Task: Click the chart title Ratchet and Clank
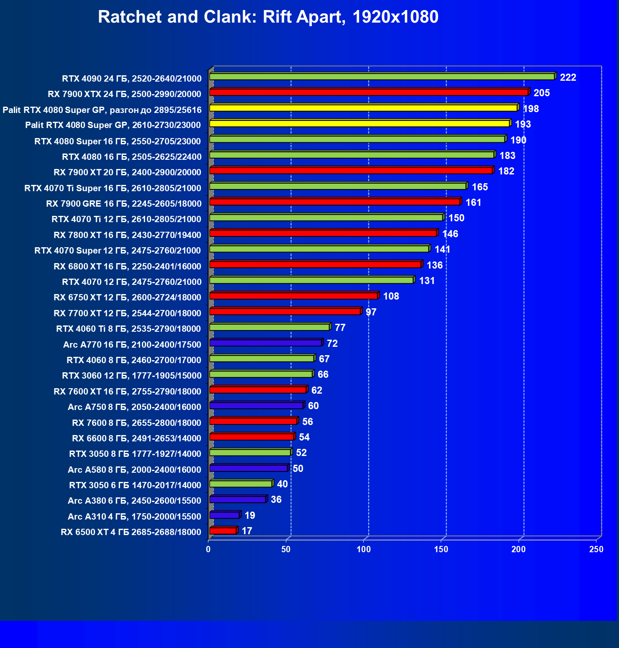[268, 17]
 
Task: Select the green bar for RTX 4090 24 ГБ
[382, 77]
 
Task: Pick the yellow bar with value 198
[363, 108]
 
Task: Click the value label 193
[523, 124]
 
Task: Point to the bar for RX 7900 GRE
[335, 202]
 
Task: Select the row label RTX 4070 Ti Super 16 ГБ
[113, 188]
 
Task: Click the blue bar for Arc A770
[266, 343]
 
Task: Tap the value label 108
[391, 296]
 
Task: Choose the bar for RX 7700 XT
[285, 312]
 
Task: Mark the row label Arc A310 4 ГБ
[134, 517]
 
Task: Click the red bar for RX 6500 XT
[223, 531]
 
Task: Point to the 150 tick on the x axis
[441, 549]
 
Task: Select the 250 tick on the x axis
[596, 549]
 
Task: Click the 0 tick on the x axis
[208, 549]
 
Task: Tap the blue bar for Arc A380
[238, 499]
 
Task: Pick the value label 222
[568, 77]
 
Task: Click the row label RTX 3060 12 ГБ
[131, 376]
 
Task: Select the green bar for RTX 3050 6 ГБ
[241, 484]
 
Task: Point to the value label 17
[247, 531]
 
